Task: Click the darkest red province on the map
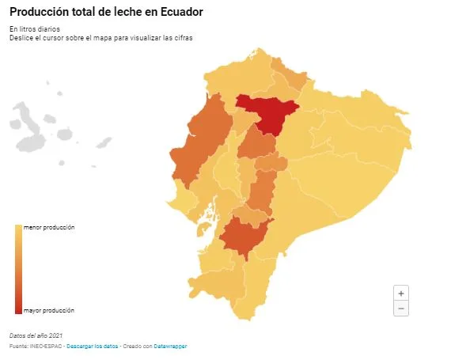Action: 269,115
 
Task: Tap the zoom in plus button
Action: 401,294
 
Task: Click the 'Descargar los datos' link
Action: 93,347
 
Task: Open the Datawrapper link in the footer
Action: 170,347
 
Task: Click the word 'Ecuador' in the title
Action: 181,12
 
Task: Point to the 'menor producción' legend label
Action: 49,227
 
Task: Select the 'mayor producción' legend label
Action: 49,310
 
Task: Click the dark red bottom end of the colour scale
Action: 19,310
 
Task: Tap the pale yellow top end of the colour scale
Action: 19,229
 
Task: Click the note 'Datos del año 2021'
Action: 36,335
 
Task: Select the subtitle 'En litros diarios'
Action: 35,29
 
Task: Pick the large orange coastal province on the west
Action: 201,141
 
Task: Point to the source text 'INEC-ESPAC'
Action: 46,347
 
